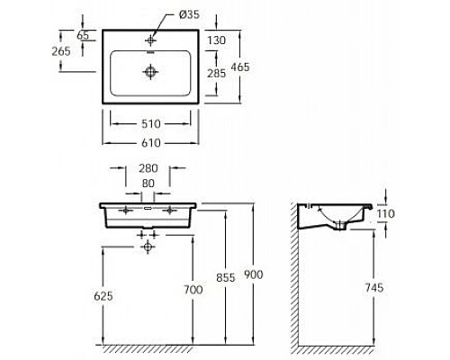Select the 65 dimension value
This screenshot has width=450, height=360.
point(83,35)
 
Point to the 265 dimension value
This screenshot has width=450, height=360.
point(61,50)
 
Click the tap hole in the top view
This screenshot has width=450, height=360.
point(149,40)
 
